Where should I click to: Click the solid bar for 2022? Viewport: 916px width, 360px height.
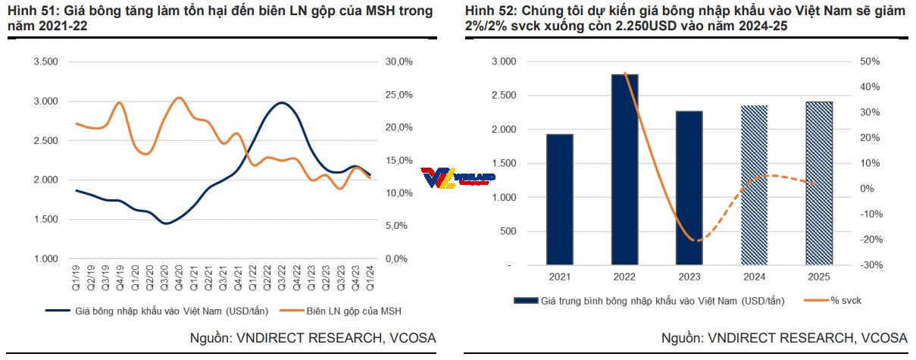tap(624, 170)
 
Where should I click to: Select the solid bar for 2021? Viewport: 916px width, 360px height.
tap(559, 200)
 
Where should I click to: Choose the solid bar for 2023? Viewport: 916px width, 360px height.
tap(689, 189)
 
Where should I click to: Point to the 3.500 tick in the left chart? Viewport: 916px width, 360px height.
tap(46, 62)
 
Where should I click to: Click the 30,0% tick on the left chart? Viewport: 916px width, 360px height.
tap(399, 62)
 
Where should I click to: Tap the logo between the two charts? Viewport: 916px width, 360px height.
tap(458, 177)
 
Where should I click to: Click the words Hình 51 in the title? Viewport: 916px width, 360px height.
tap(28, 11)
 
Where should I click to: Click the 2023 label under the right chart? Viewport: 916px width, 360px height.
tap(689, 277)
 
